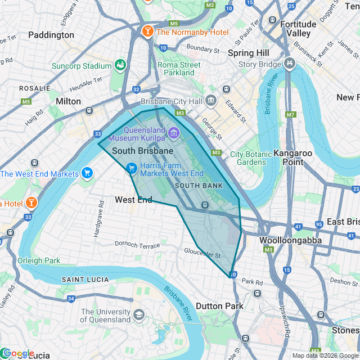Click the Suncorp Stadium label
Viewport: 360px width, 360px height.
pos(82,66)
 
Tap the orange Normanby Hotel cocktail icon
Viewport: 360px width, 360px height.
pos(148,31)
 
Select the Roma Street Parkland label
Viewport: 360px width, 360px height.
pos(179,69)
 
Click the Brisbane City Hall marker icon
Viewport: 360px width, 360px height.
pos(211,101)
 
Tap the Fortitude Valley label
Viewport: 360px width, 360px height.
pos(298,29)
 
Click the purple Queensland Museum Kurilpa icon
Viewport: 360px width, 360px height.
pos(174,133)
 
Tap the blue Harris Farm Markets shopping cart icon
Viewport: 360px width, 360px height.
pos(132,168)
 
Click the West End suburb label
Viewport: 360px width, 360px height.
pos(133,200)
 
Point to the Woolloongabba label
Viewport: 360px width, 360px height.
pos(290,240)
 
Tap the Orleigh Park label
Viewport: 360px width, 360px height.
pos(38,260)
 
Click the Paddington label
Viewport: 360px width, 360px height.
pos(51,35)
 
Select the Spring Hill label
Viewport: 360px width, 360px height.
pos(248,53)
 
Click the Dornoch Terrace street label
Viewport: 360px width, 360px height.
pos(137,245)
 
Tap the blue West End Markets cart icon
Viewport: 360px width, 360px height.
pos(87,173)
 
